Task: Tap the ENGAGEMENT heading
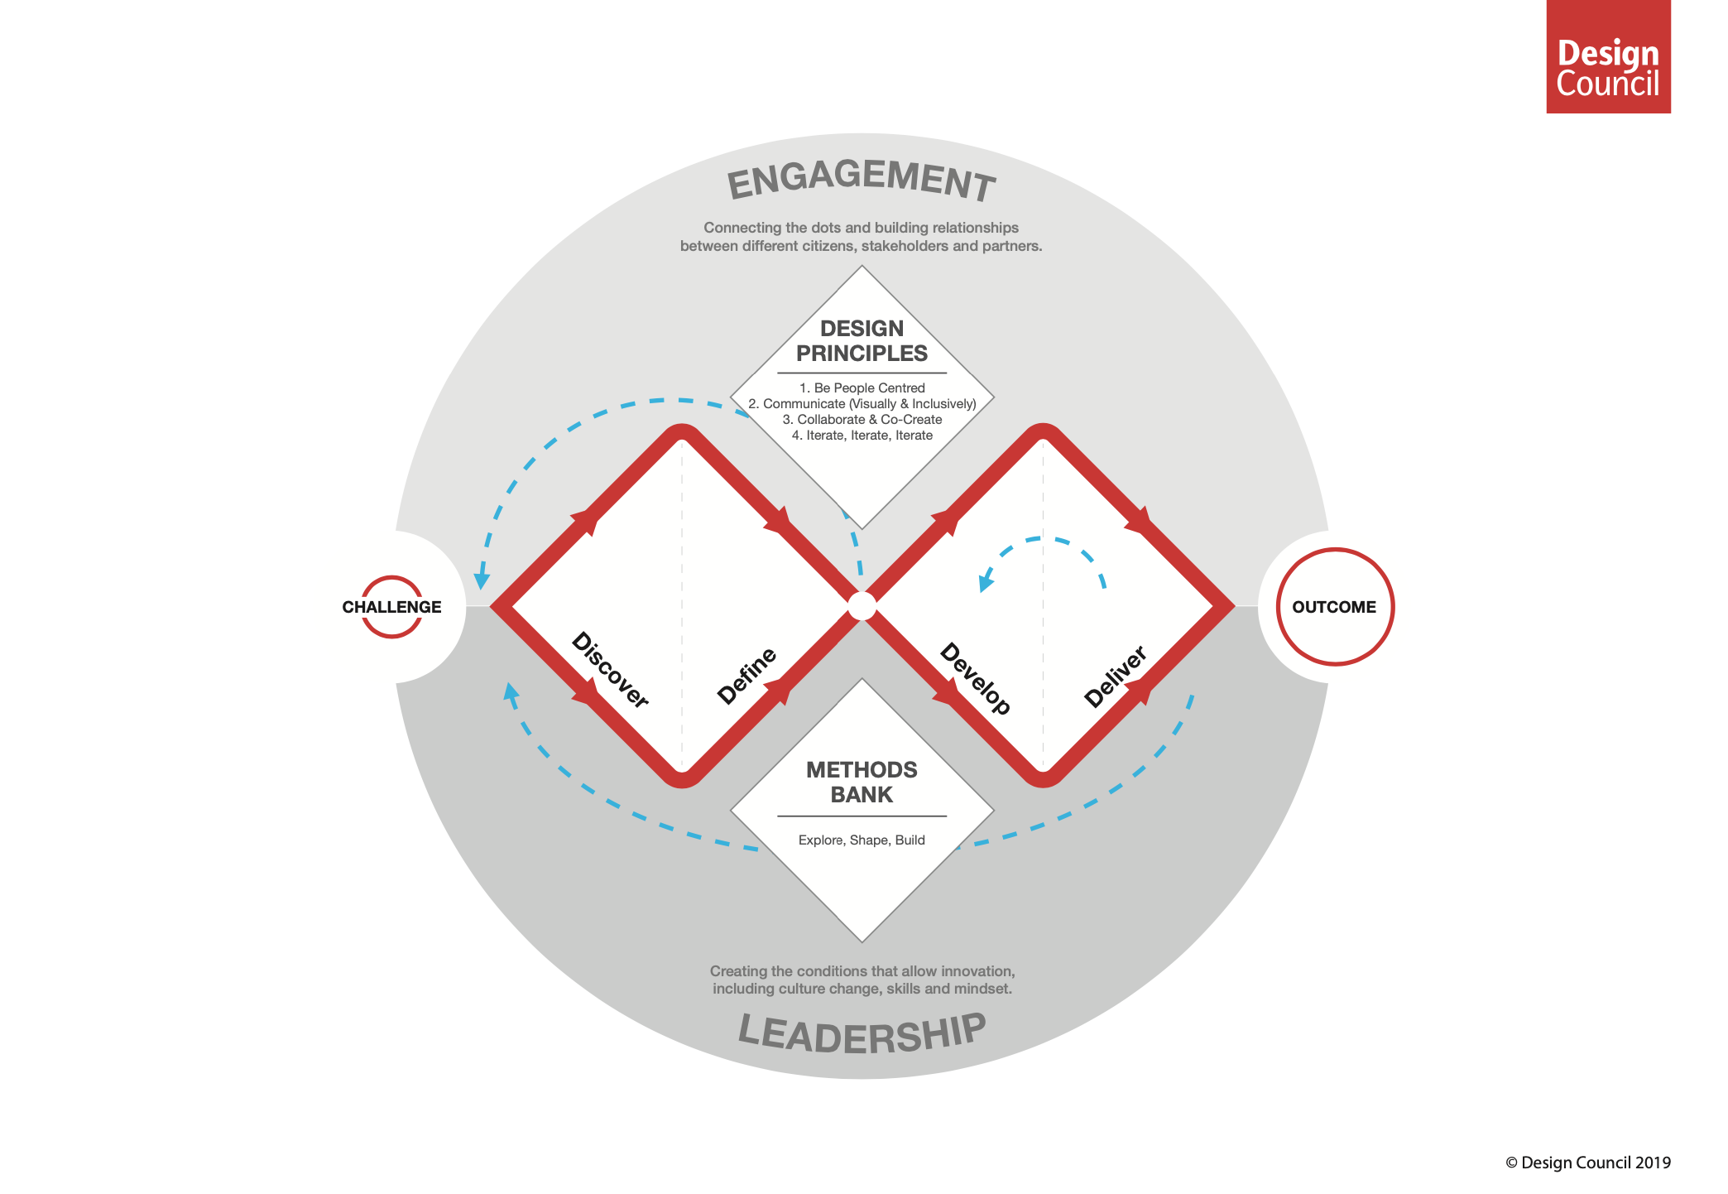click(x=861, y=180)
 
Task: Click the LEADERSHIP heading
click(x=862, y=1033)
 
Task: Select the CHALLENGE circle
click(x=391, y=607)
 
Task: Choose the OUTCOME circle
click(x=1334, y=607)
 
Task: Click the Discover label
click(x=610, y=670)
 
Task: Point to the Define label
click(x=746, y=676)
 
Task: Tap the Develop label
click(x=976, y=678)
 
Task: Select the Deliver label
click(x=1115, y=676)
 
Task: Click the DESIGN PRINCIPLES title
click(x=862, y=341)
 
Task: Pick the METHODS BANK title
click(x=862, y=782)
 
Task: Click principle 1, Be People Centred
click(x=862, y=388)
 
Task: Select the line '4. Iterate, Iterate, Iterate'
click(x=862, y=436)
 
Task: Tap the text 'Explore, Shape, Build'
click(x=862, y=840)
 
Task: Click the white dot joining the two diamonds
click(x=862, y=606)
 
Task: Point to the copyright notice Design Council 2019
click(x=1587, y=1163)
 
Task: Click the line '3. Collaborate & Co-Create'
click(x=862, y=420)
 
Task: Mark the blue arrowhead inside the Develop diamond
click(x=986, y=581)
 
